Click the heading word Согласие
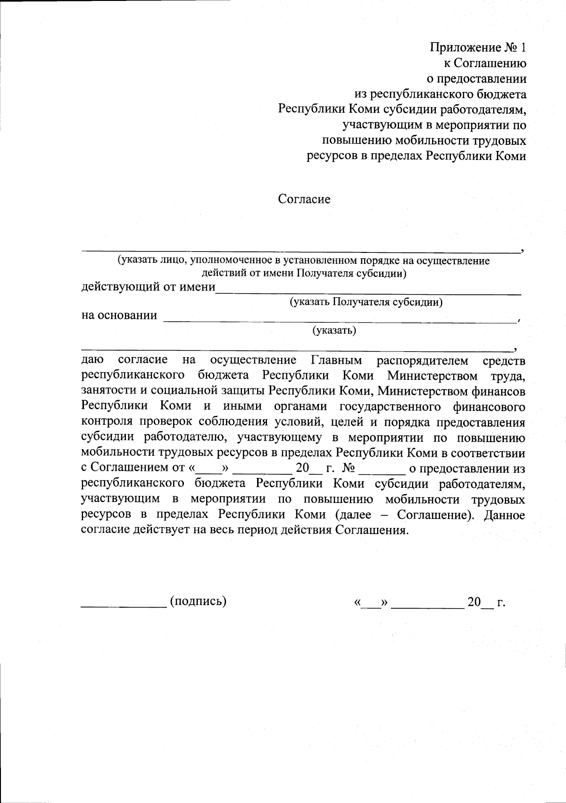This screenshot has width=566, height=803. (304, 199)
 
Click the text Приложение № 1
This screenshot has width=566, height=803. (478, 48)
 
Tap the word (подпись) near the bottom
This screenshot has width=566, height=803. (199, 601)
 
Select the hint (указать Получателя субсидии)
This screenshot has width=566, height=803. (366, 302)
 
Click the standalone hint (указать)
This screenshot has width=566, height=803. (334, 330)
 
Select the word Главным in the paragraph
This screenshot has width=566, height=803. (337, 360)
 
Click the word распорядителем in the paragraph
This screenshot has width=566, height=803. (423, 360)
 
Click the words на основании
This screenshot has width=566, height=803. (119, 315)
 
